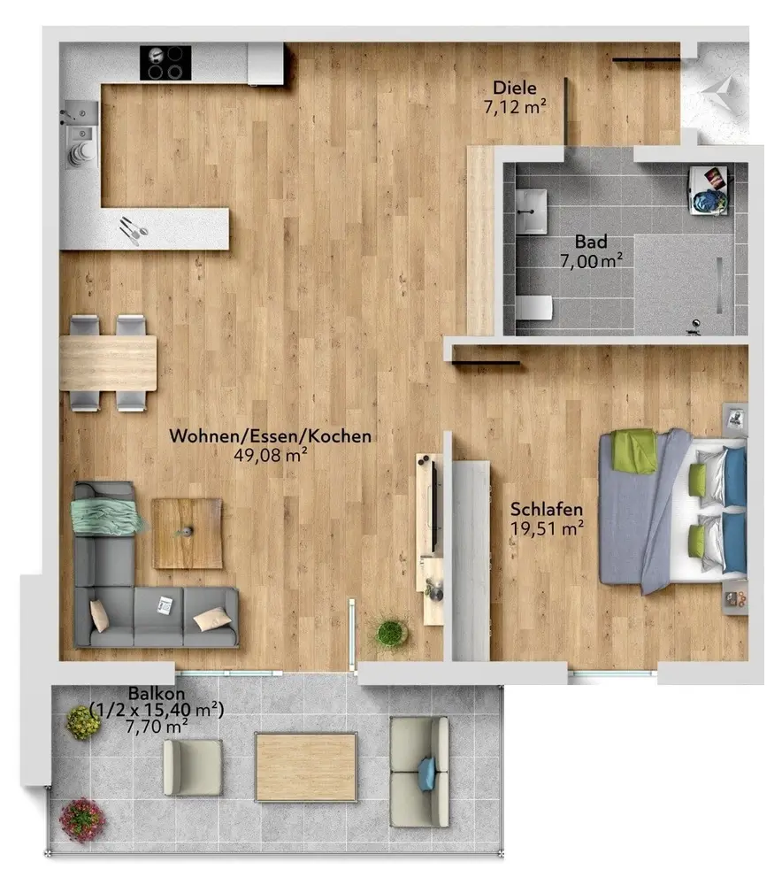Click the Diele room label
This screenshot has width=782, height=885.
[515, 88]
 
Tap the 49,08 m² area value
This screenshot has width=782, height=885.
[271, 455]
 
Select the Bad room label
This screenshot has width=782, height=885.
[591, 242]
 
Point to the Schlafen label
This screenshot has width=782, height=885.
[546, 509]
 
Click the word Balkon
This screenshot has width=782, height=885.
[157, 693]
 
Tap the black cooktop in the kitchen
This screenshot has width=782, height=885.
[165, 63]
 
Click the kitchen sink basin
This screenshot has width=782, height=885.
[81, 134]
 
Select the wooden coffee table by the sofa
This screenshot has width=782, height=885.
[187, 534]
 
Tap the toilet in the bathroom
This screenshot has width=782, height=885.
[533, 308]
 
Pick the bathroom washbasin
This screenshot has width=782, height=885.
[531, 212]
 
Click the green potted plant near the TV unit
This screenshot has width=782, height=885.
[392, 632]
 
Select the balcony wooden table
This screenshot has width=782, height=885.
[306, 767]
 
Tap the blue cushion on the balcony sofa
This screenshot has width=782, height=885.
[427, 773]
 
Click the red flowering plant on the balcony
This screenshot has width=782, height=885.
[82, 819]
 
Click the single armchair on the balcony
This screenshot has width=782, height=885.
[192, 767]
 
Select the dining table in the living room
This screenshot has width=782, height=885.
[108, 364]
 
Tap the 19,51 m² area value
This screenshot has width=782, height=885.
[547, 529]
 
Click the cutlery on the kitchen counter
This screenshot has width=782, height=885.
[134, 230]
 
